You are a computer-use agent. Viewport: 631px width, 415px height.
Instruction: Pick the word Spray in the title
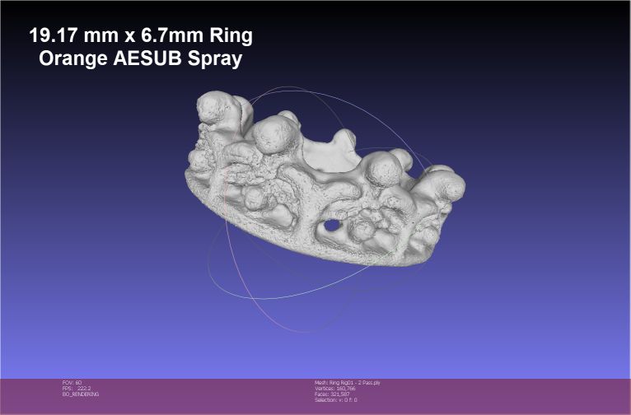(x=216, y=60)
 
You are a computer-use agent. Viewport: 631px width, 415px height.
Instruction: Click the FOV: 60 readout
(x=72, y=383)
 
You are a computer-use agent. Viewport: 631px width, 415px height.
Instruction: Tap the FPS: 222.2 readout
(x=77, y=389)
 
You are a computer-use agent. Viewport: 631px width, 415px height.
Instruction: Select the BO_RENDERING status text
(x=81, y=394)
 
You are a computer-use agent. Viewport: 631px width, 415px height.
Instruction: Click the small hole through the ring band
(x=331, y=224)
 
